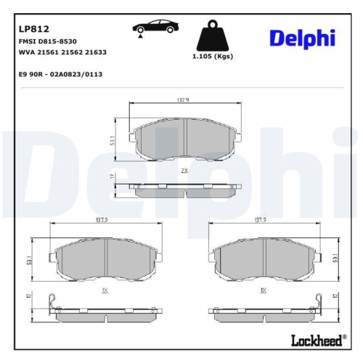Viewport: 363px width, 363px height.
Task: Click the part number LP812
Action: click(34, 29)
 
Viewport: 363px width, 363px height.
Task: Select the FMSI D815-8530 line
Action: click(48, 44)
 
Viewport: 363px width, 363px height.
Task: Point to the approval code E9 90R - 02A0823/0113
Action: click(60, 74)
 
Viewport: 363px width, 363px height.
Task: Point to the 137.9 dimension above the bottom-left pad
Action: click(102, 219)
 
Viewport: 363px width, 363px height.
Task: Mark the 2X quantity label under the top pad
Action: click(184, 170)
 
